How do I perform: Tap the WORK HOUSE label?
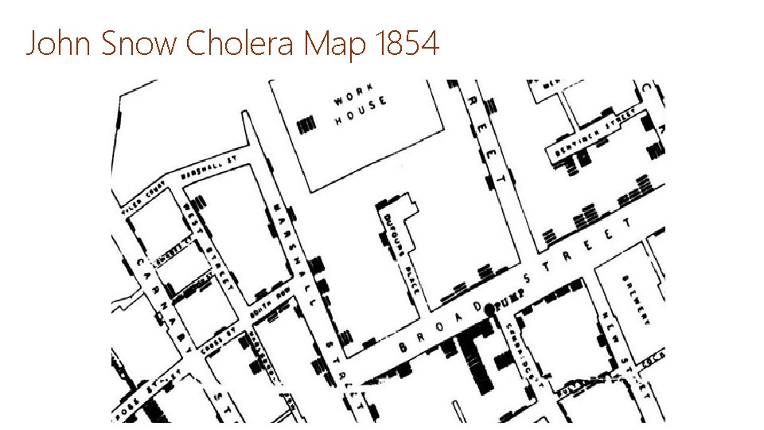[361, 108]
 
